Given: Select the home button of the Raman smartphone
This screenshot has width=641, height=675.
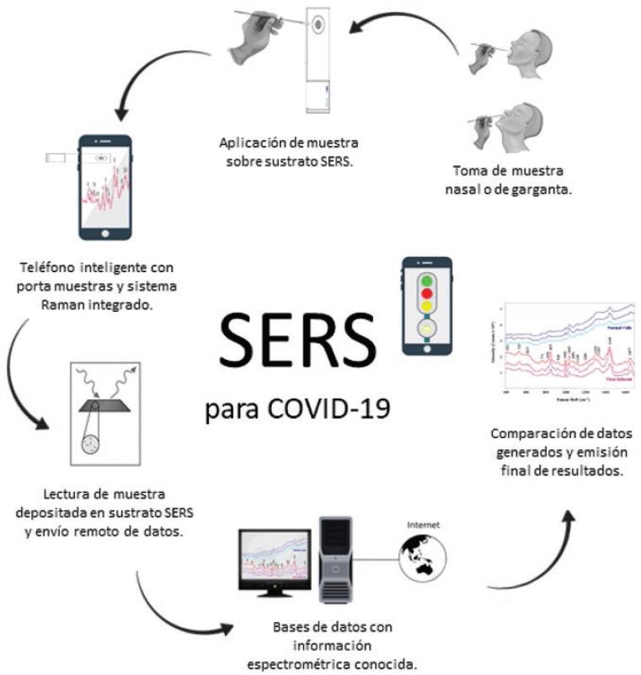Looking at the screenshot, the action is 105,232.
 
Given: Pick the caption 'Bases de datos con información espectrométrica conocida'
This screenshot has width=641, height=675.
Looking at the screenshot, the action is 332,646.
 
